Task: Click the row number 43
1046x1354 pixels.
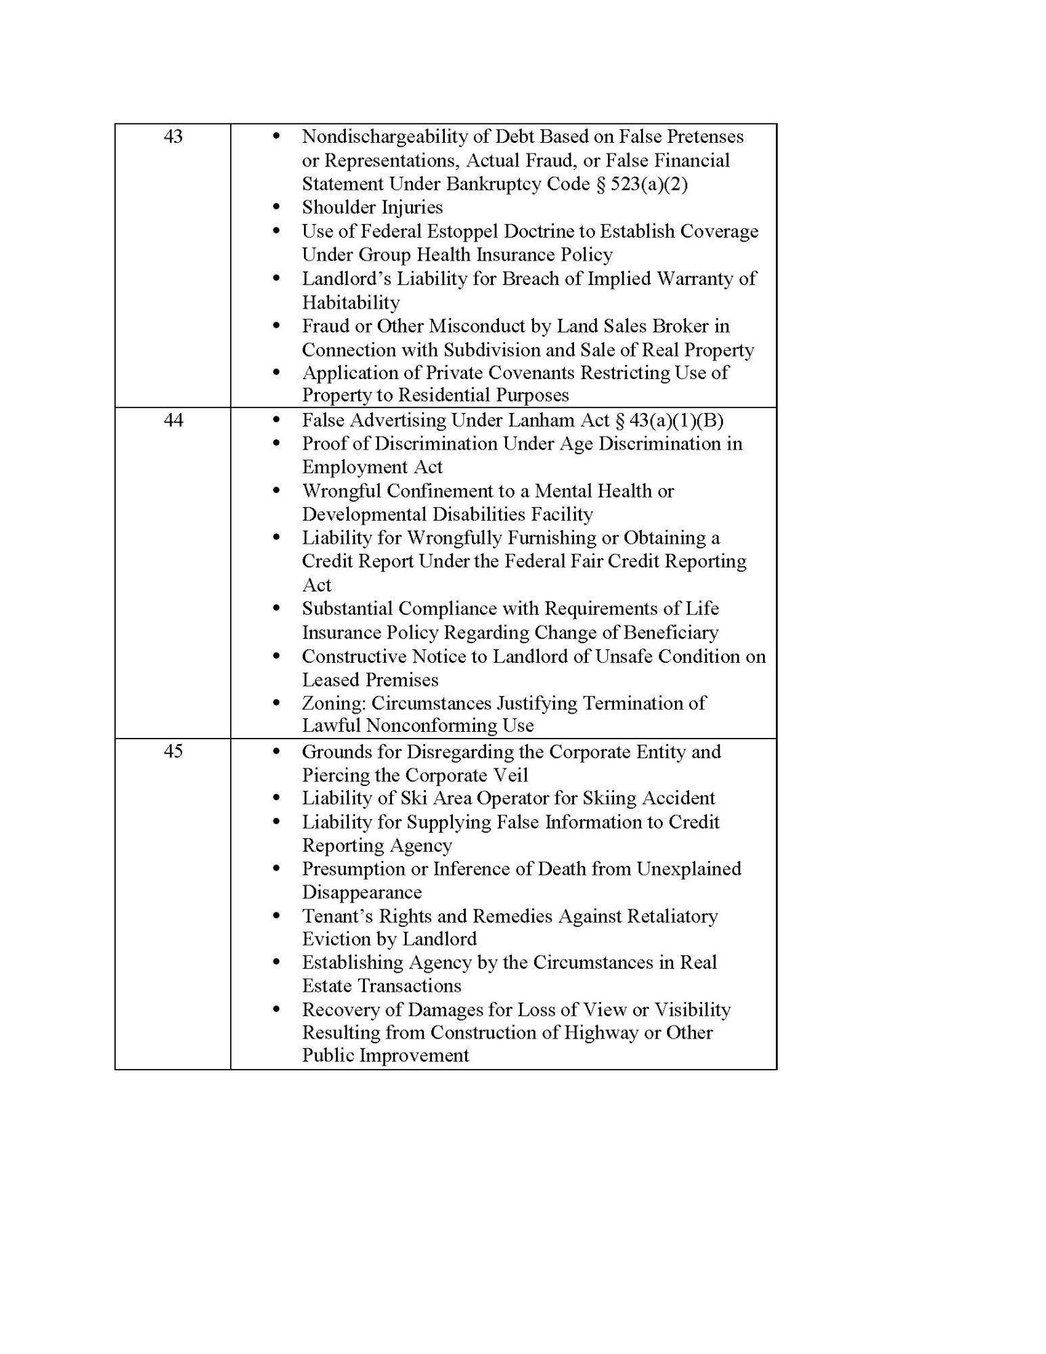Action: point(173,137)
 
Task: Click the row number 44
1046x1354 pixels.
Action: point(173,420)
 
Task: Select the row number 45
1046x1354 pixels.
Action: point(173,751)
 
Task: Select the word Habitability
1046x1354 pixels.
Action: point(351,303)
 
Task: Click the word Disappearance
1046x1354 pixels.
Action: point(362,892)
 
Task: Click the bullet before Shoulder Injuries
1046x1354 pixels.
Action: point(276,207)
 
